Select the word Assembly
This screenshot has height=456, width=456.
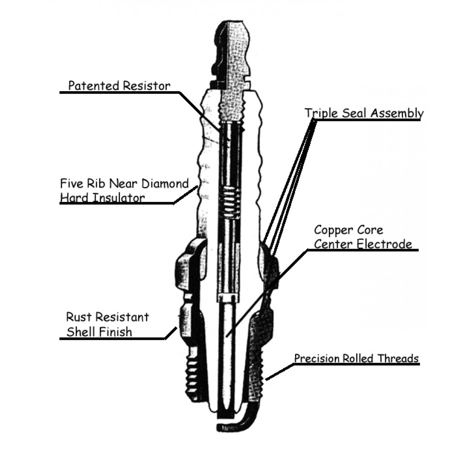click(398, 113)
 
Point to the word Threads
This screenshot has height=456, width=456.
click(399, 359)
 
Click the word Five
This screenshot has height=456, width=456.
click(71, 184)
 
